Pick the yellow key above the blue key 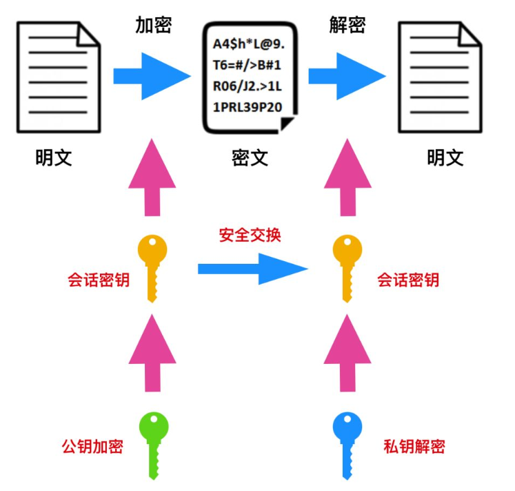(x=347, y=266)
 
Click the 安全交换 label (x=250, y=235)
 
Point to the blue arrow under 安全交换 (x=251, y=268)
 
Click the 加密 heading (x=153, y=26)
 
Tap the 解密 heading (x=347, y=26)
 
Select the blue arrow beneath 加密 (x=152, y=75)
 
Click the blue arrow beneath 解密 (x=347, y=75)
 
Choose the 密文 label (x=250, y=157)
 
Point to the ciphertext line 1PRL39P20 (x=249, y=108)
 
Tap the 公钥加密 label (x=92, y=445)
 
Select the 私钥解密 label (x=414, y=445)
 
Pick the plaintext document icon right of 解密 (x=439, y=76)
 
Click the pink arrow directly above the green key (x=152, y=352)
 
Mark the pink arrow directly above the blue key (x=347, y=352)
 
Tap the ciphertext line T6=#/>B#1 (x=249, y=66)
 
